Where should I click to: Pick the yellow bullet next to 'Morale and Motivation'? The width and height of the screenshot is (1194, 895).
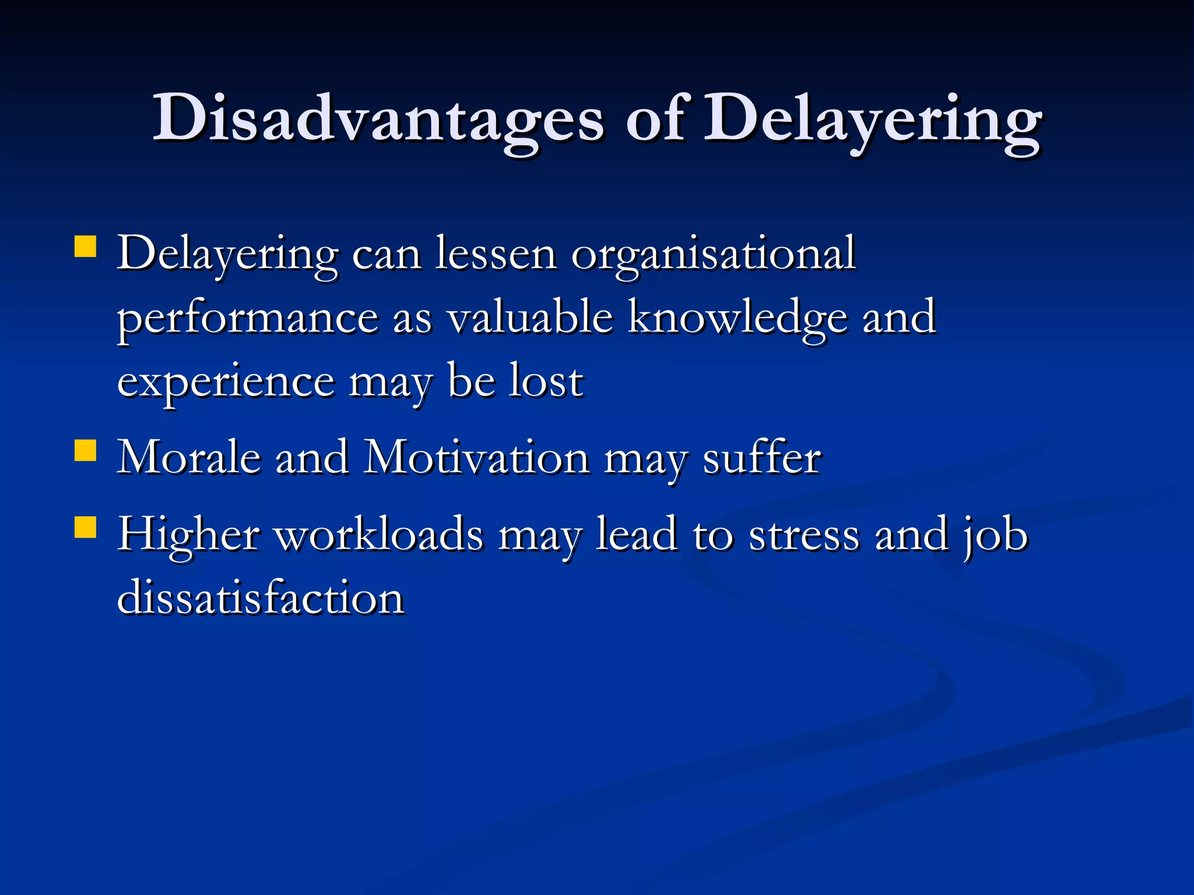(86, 450)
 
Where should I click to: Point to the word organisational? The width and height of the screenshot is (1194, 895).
(713, 255)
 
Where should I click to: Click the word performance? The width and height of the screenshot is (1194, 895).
(248, 319)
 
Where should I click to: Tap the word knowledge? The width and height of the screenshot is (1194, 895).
(738, 319)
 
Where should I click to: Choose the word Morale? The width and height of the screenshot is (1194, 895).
(189, 458)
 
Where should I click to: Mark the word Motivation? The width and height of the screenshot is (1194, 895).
(476, 458)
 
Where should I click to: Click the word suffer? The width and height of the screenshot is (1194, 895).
(762, 458)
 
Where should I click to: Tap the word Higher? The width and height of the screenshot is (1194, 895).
(188, 534)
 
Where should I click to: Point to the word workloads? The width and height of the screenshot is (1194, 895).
(379, 534)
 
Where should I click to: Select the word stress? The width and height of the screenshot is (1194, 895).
(804, 534)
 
